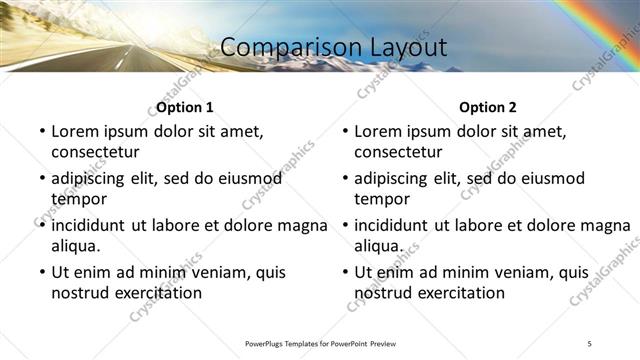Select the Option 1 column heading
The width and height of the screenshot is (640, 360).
(185, 107)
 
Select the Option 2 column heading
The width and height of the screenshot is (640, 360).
(488, 107)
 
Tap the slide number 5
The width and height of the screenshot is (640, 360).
(590, 343)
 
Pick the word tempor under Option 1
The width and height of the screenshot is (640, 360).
(77, 199)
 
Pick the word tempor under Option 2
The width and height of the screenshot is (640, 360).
(380, 199)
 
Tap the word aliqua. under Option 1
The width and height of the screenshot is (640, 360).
(77, 245)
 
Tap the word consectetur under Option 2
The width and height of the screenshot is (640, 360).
(398, 152)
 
